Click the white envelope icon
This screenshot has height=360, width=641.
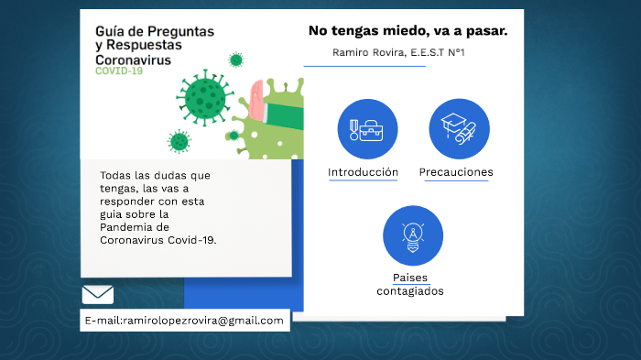coord(97,294)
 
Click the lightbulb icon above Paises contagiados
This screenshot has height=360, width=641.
coord(413,236)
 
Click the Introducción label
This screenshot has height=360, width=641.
coord(363,172)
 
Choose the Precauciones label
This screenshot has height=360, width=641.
coord(456,172)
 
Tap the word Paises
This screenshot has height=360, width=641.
coord(410,278)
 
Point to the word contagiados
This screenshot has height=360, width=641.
coord(410,291)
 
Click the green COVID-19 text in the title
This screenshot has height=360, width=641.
coord(119,71)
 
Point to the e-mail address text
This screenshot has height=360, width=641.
coord(184,320)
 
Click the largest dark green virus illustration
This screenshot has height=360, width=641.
coord(206,95)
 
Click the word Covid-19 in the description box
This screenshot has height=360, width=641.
coord(191,239)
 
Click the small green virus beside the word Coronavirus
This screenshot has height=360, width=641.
coord(236,60)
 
